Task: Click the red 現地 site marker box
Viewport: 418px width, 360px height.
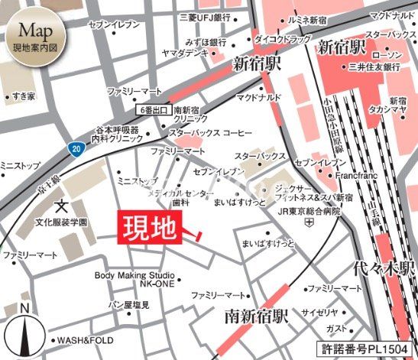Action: (150, 228)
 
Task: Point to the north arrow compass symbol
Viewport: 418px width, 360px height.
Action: (25, 329)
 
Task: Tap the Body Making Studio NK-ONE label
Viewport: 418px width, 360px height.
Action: (134, 280)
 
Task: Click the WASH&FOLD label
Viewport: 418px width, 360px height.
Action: (83, 341)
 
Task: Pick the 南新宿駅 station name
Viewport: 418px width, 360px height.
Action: (255, 314)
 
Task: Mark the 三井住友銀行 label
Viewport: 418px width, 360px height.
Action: (374, 67)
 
